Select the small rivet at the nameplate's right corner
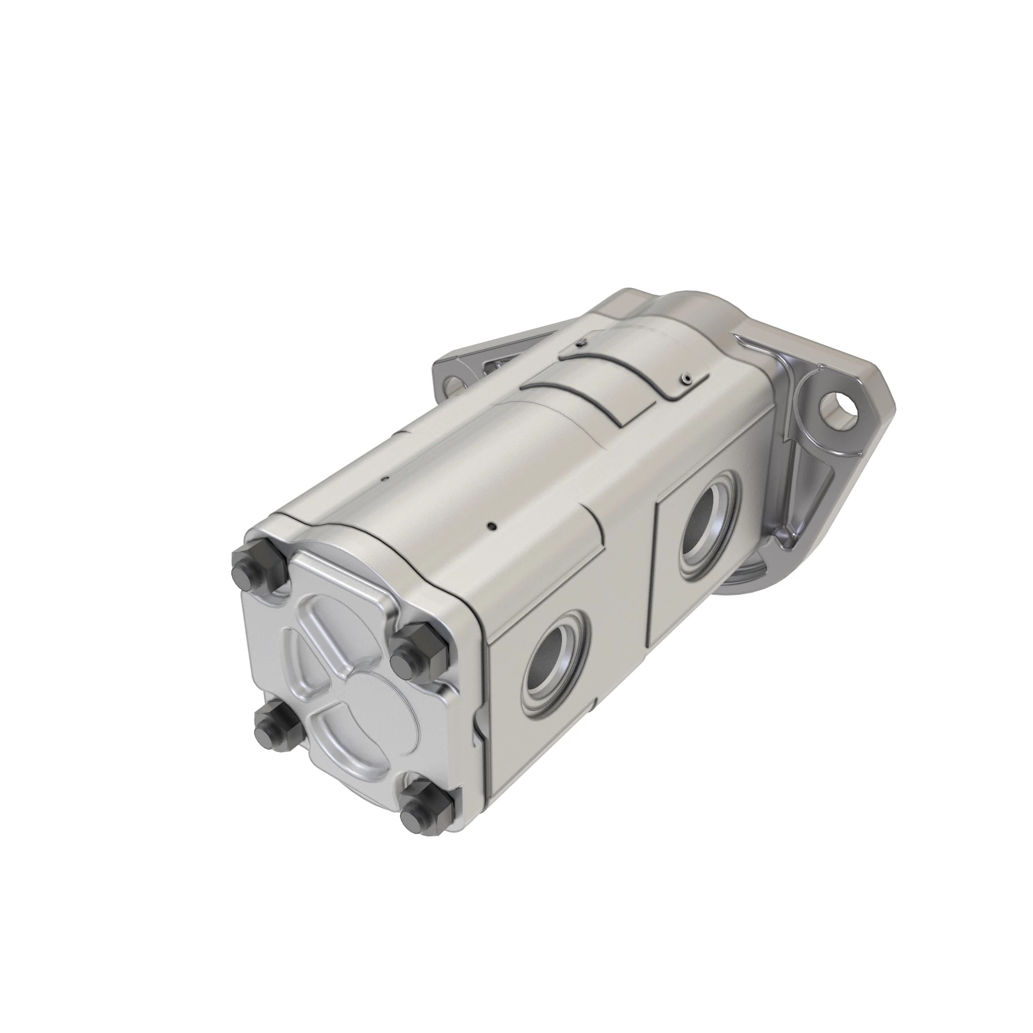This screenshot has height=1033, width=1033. (x=686, y=378)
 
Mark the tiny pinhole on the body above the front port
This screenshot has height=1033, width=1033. (x=492, y=527)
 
